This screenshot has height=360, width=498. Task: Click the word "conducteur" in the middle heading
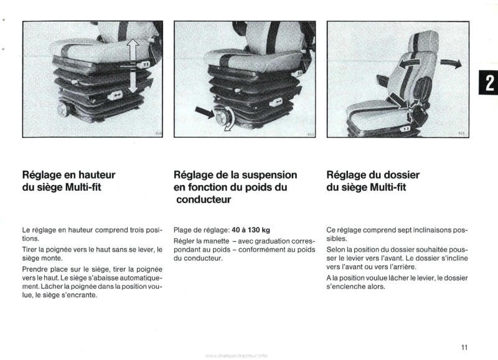point(203,200)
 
